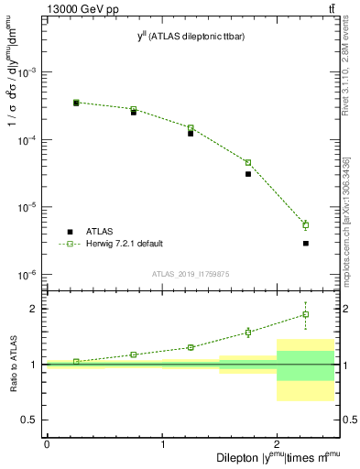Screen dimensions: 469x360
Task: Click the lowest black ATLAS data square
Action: click(x=305, y=243)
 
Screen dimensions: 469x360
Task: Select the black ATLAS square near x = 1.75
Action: click(x=248, y=173)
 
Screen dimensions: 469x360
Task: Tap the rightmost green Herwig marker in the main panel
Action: click(x=305, y=224)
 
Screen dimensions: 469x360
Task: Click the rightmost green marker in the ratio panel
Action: click(x=305, y=314)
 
